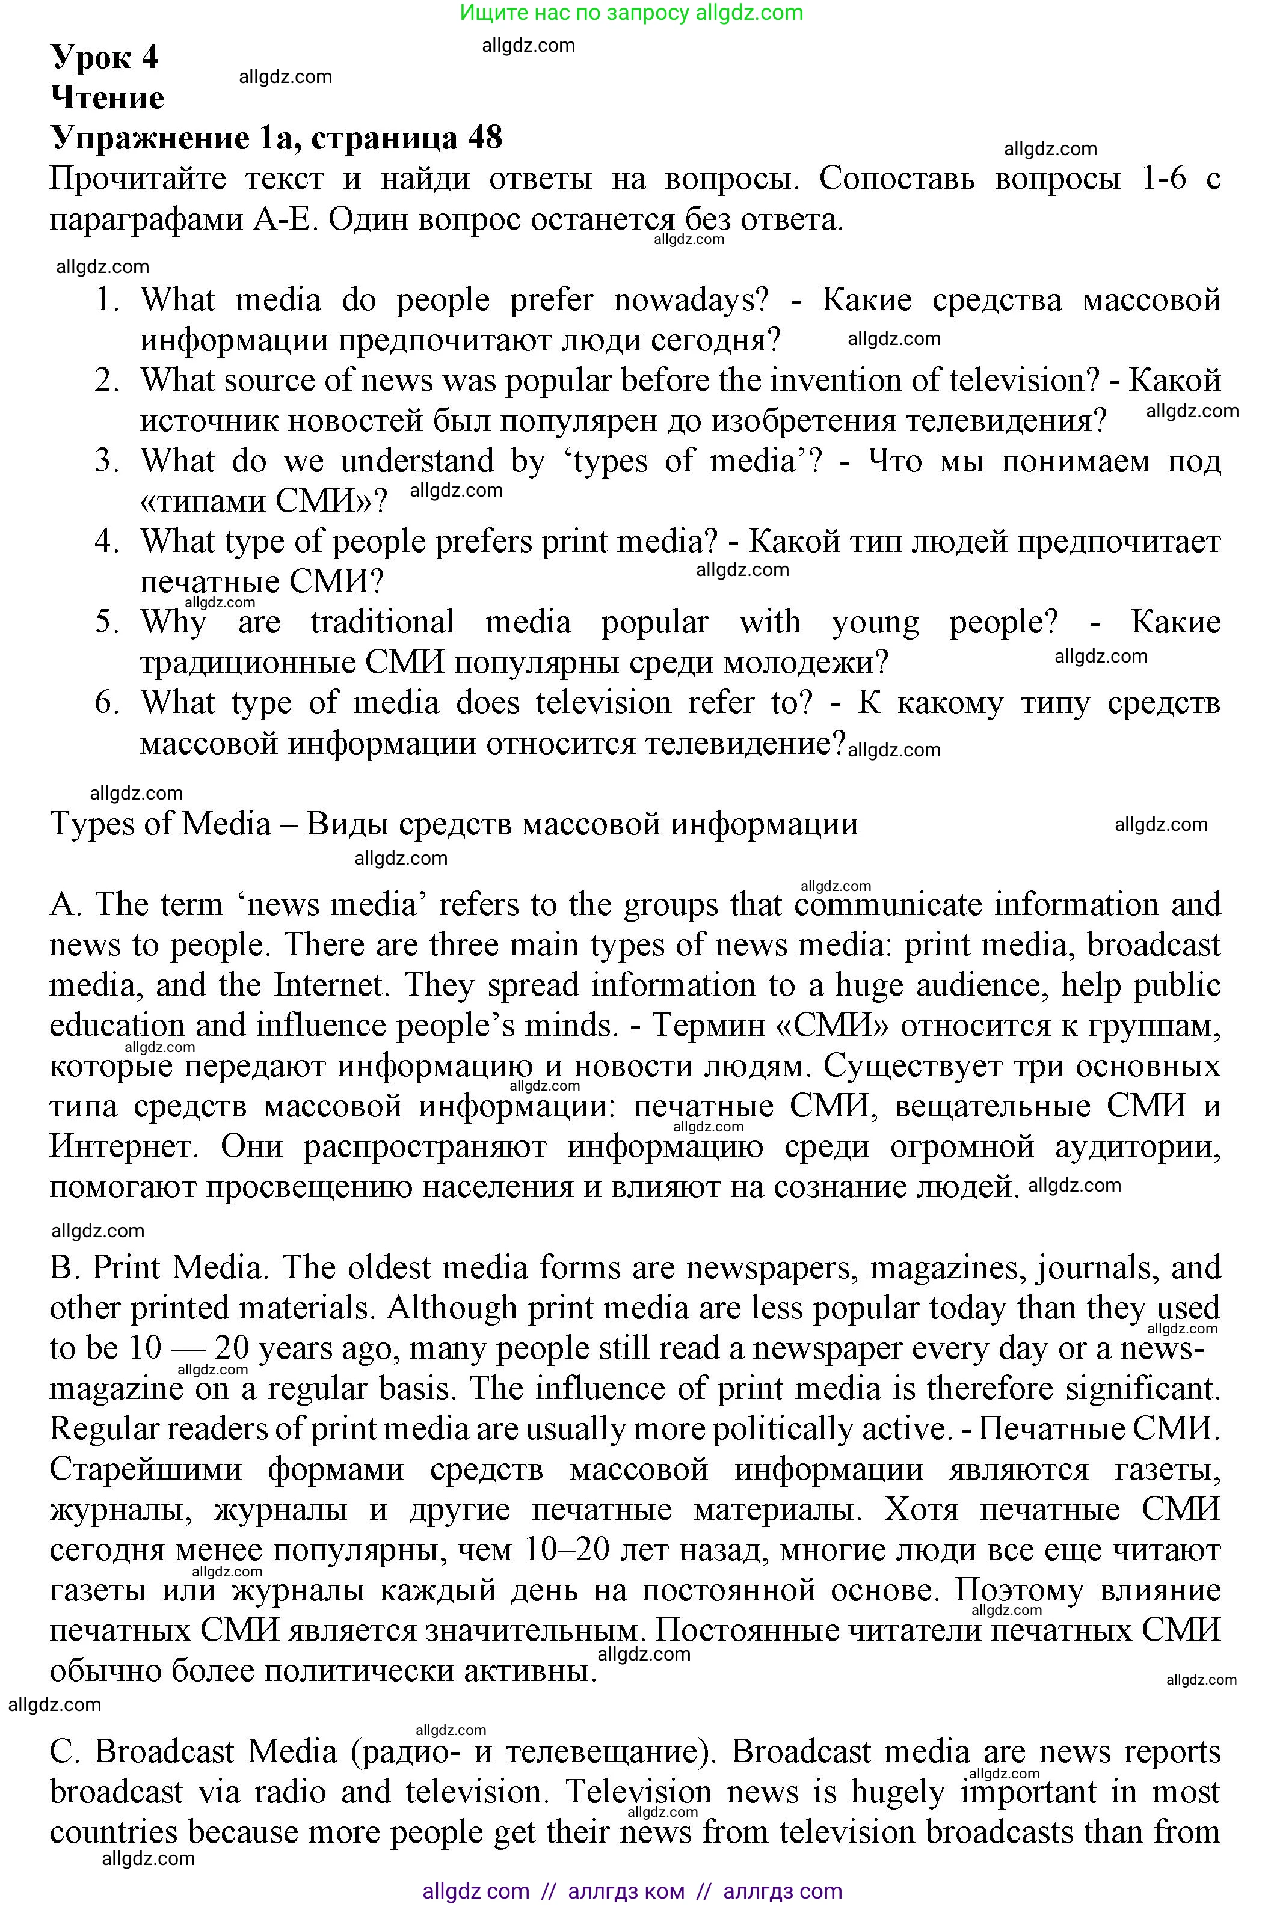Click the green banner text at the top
pos(631,13)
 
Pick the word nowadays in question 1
pos(690,301)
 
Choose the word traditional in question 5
pos(383,622)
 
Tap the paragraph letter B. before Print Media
pos(64,1267)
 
